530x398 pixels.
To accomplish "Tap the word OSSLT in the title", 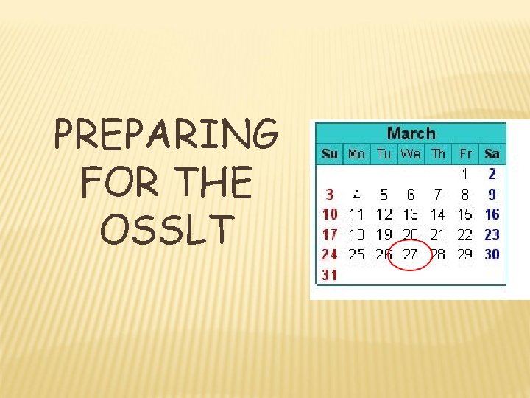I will tap(166, 229).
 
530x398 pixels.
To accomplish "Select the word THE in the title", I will tap(207, 184).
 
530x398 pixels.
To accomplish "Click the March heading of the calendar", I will tap(411, 133).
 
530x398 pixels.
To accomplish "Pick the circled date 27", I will tap(410, 254).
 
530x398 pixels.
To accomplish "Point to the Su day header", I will tap(329, 154).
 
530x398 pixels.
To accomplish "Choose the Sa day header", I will tap(492, 154).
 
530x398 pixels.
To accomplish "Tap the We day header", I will tap(410, 154).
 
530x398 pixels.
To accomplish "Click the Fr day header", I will tap(465, 154).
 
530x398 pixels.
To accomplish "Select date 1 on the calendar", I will tap(465, 175).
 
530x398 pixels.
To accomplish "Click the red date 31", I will tap(329, 275).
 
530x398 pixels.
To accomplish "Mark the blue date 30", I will tap(492, 254).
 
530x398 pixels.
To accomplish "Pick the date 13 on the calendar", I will tap(410, 214).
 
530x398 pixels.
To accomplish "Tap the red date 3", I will tap(329, 195).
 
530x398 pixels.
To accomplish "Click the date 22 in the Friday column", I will tap(464, 234).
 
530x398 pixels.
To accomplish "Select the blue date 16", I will tap(492, 214).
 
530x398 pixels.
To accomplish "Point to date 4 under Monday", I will tap(356, 195).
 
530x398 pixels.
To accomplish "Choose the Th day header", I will tap(438, 154).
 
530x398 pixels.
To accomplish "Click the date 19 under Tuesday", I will tap(384, 234).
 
